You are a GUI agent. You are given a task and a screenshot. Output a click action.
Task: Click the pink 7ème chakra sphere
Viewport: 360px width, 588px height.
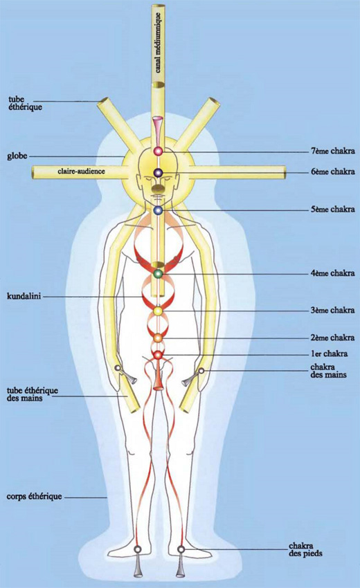click(x=158, y=151)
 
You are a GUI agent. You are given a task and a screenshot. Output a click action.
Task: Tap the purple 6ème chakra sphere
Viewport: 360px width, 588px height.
click(x=158, y=172)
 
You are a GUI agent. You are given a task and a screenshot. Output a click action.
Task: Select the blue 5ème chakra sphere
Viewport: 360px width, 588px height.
click(x=158, y=210)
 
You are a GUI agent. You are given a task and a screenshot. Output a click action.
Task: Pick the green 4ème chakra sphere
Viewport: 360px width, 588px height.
click(x=158, y=274)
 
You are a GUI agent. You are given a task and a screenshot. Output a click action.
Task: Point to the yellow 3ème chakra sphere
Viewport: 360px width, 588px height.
click(x=158, y=311)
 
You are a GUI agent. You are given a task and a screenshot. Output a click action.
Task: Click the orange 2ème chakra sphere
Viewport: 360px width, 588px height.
click(x=158, y=338)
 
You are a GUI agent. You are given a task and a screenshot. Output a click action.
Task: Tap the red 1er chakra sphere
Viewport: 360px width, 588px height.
click(x=158, y=354)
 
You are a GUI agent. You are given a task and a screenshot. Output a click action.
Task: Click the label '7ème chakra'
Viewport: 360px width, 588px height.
click(x=332, y=151)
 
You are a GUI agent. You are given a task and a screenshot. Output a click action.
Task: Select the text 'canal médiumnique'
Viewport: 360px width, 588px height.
click(x=159, y=42)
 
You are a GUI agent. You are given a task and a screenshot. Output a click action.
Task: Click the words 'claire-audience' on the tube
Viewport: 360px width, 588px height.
click(x=81, y=171)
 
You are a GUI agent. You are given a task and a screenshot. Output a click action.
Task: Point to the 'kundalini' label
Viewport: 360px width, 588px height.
click(x=24, y=296)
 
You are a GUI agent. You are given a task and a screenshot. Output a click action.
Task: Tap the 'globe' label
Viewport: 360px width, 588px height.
click(x=17, y=155)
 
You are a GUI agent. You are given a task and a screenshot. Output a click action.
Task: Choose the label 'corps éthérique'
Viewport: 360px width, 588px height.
click(x=34, y=497)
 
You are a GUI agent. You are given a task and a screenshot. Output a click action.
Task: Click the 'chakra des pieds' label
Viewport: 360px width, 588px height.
click(x=305, y=549)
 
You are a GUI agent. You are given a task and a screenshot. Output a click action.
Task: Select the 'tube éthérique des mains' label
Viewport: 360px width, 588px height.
click(x=33, y=394)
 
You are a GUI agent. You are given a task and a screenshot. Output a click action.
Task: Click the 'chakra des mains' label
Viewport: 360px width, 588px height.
click(x=328, y=371)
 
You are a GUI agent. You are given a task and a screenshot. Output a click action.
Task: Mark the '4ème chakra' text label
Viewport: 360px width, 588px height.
click(x=332, y=273)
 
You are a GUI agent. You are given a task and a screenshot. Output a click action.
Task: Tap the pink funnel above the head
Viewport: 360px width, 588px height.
click(x=158, y=131)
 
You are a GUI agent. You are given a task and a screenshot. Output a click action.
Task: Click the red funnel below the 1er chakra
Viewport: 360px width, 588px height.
click(x=158, y=376)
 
